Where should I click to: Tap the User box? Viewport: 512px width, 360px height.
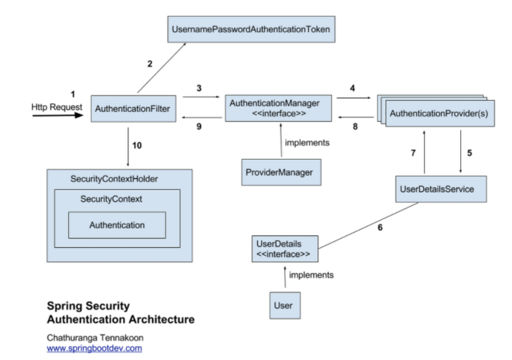click(x=285, y=304)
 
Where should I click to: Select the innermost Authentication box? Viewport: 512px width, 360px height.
click(x=117, y=225)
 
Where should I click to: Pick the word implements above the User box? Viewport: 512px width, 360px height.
click(x=311, y=275)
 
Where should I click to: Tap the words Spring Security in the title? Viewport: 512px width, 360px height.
click(x=88, y=306)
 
